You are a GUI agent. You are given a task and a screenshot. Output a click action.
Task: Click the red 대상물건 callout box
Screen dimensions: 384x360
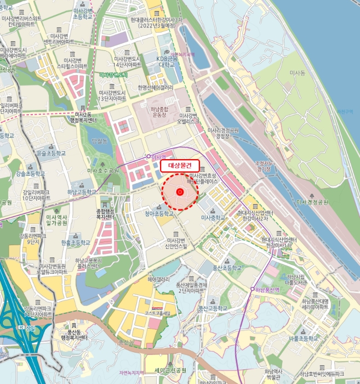[x=180, y=165]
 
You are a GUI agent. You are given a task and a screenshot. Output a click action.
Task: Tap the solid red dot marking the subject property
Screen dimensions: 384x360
[x=180, y=191]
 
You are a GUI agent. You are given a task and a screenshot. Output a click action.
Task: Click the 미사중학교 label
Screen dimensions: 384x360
[x=213, y=218]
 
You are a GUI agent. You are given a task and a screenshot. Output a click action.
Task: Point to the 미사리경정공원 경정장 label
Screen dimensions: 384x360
[x=224, y=133]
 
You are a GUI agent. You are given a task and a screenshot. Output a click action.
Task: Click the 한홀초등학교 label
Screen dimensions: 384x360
[x=76, y=242]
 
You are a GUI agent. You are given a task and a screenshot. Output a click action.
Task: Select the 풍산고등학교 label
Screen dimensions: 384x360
[x=212, y=308]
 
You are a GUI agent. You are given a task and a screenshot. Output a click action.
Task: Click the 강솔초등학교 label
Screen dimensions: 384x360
[x=29, y=173]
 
